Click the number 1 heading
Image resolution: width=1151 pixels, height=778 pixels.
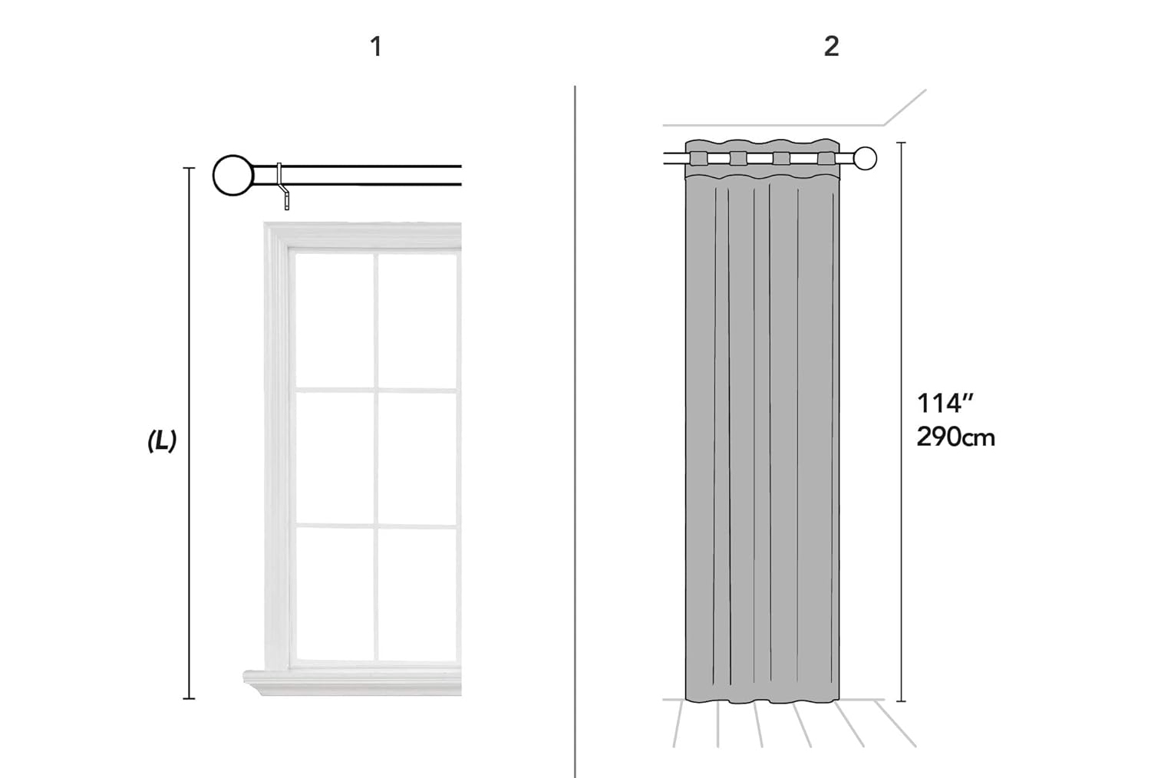(x=376, y=47)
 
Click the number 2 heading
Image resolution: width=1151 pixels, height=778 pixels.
(x=831, y=47)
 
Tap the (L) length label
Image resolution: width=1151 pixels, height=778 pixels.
(x=162, y=441)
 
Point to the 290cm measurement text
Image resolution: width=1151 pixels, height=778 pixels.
(x=956, y=437)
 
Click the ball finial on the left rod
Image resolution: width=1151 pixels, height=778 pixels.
(x=233, y=175)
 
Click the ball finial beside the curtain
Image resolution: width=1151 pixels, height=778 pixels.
(x=866, y=158)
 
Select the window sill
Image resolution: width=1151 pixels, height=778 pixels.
(x=352, y=683)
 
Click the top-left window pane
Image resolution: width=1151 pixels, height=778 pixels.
(x=335, y=321)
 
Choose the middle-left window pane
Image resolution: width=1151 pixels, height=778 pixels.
(x=335, y=458)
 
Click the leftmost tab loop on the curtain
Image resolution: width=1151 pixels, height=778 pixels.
(x=698, y=159)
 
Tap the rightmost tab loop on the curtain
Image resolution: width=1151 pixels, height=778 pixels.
(x=826, y=159)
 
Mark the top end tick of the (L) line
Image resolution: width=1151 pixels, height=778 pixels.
(x=189, y=168)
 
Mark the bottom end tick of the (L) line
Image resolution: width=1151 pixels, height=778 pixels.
(x=189, y=699)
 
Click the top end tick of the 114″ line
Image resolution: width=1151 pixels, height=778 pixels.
(x=901, y=143)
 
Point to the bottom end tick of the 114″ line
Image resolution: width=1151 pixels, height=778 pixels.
(x=901, y=701)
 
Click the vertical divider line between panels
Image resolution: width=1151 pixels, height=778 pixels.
(x=575, y=432)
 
